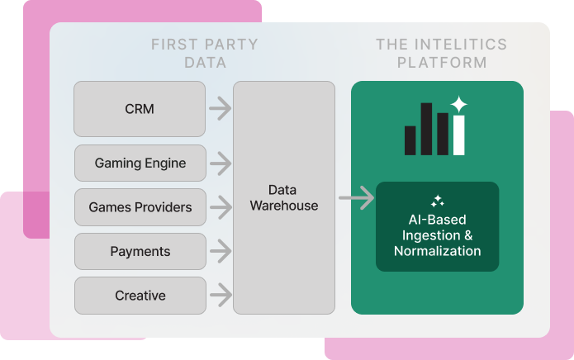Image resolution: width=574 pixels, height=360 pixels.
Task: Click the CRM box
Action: [x=140, y=109]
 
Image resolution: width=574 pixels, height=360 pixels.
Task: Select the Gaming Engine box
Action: [x=140, y=163]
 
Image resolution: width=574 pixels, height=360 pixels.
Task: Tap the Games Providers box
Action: [x=140, y=207]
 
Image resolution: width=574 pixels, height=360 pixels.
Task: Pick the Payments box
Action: [x=140, y=251]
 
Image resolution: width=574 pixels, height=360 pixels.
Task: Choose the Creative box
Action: [x=140, y=296]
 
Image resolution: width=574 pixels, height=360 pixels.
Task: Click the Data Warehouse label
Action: [x=284, y=198]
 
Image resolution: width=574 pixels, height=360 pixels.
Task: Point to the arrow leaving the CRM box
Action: [x=219, y=107]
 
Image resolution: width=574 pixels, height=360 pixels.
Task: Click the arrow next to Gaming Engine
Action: [x=219, y=163]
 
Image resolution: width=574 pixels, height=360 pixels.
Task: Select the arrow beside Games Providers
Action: [x=219, y=207]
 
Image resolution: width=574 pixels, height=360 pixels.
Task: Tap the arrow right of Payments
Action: [x=219, y=251]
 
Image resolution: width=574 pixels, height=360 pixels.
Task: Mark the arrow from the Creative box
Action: [x=219, y=294]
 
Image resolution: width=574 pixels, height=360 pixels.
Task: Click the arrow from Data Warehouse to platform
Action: [x=355, y=198]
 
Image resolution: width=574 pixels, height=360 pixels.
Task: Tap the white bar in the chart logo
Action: [x=459, y=135]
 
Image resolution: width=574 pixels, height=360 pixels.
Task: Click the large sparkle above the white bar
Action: [x=459, y=105]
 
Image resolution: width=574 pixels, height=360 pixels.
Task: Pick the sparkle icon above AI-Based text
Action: [x=438, y=201]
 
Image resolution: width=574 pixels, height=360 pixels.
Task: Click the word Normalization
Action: [x=437, y=251]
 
